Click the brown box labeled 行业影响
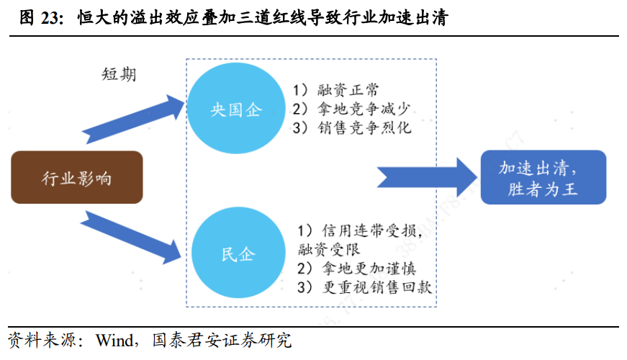tap(77, 178)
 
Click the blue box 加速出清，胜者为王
tap(543, 178)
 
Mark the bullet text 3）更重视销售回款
tap(364, 287)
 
